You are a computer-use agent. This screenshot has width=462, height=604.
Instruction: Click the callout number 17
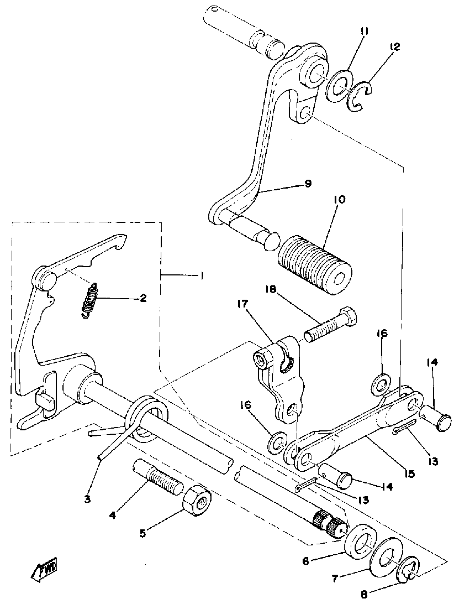(x=244, y=305)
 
